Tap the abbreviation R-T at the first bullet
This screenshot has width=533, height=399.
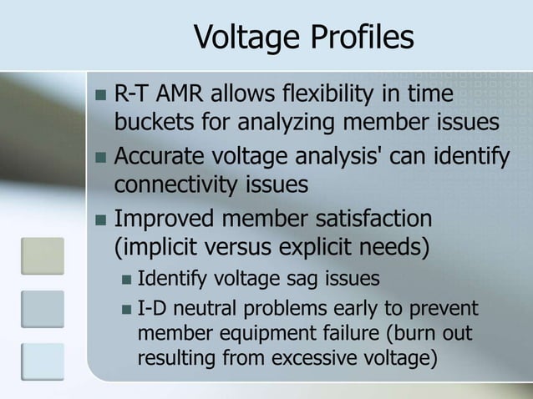[132, 94]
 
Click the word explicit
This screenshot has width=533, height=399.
[336, 247]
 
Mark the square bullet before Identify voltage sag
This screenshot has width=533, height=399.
[124, 278]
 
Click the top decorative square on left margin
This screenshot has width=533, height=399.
[43, 255]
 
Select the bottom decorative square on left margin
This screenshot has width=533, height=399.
[43, 361]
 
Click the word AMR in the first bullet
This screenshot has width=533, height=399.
[185, 94]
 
